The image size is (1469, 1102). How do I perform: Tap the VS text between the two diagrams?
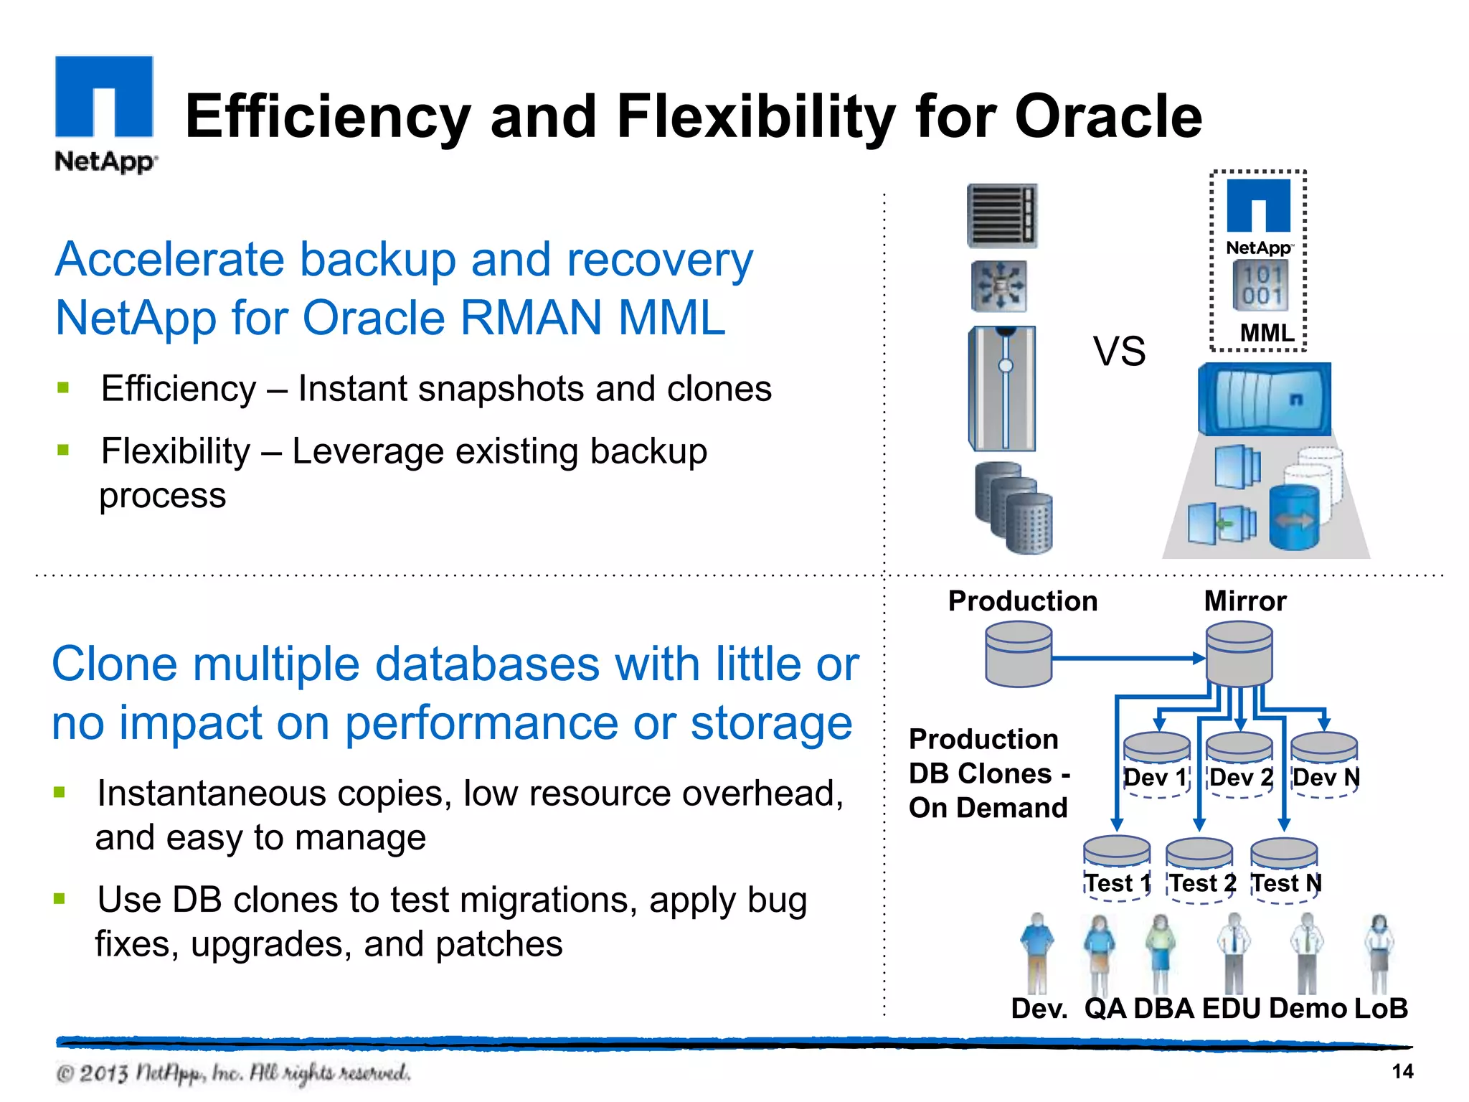coord(1119,352)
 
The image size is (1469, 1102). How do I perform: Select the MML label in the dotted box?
coord(1267,333)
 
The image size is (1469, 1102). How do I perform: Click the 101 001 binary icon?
coord(1261,286)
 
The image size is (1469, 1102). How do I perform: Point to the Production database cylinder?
coord(1019,654)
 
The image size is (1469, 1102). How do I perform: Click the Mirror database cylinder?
coord(1239,654)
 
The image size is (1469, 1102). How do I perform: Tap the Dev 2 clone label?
coord(1242,778)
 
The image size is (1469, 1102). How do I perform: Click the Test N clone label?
coord(1286,883)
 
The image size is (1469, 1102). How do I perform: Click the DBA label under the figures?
coord(1163,1008)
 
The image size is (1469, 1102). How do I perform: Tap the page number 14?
coord(1402,1071)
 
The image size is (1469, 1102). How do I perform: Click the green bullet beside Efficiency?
coord(63,388)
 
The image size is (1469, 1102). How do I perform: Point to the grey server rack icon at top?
coord(1002,215)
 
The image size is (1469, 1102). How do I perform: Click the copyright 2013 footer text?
coord(232,1073)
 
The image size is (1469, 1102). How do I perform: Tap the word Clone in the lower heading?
coord(115,664)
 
